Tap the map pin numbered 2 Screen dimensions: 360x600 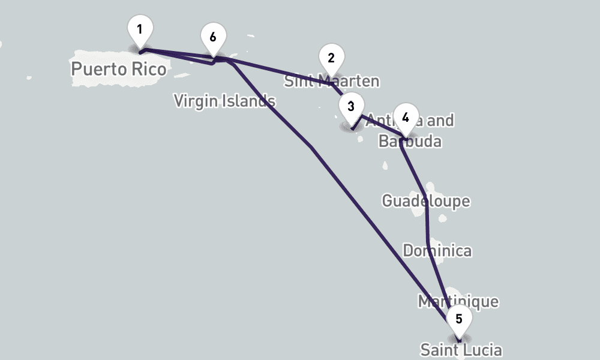click(331, 59)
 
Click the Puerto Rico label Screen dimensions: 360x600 click(118, 69)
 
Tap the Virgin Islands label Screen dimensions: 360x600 click(224, 101)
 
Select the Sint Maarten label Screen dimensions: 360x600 click(331, 81)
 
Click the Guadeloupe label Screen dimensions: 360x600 click(426, 200)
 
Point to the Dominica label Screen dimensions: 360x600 click(437, 250)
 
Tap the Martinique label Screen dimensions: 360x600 click(458, 301)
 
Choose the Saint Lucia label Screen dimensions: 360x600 click(461, 350)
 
